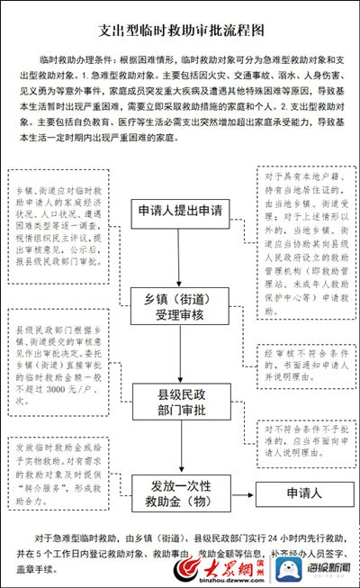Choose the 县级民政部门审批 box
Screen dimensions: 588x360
180,400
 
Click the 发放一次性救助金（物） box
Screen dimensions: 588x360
180,493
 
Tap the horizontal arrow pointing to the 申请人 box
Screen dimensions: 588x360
242,493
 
